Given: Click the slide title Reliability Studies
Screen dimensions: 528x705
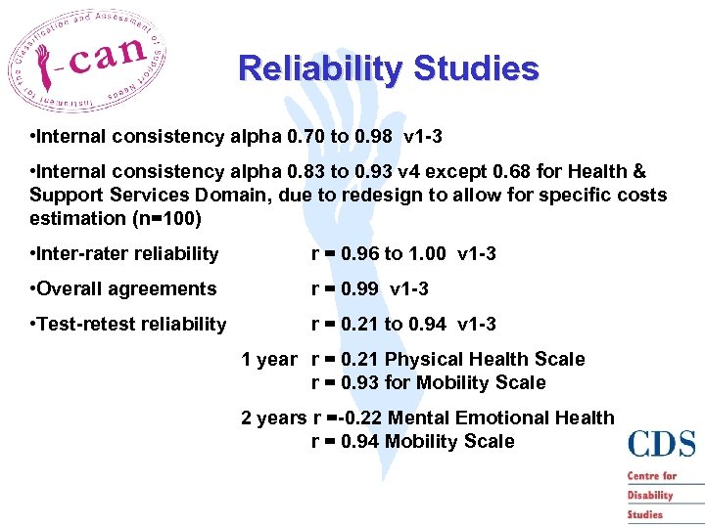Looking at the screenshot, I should click(388, 69).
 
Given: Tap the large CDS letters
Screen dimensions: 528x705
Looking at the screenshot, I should click(662, 445).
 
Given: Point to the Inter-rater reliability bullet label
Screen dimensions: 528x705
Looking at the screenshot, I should click(126, 254).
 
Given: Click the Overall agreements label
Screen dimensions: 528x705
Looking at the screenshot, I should click(124, 289).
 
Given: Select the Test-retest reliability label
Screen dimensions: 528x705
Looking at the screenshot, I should click(129, 325).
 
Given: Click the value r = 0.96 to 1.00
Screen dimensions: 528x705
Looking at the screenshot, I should click(377, 254).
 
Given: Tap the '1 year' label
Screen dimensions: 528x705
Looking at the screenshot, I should click(268, 360).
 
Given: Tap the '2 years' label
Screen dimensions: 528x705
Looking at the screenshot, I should click(273, 418).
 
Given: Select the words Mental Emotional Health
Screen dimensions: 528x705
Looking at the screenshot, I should click(500, 418).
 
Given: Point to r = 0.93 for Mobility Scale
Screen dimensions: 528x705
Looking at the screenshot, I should click(428, 383).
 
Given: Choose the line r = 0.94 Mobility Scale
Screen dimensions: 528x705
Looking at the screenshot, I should click(412, 442).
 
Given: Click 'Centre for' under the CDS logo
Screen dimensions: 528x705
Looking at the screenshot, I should click(652, 476).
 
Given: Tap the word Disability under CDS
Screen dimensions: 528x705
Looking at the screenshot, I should click(651, 495).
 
